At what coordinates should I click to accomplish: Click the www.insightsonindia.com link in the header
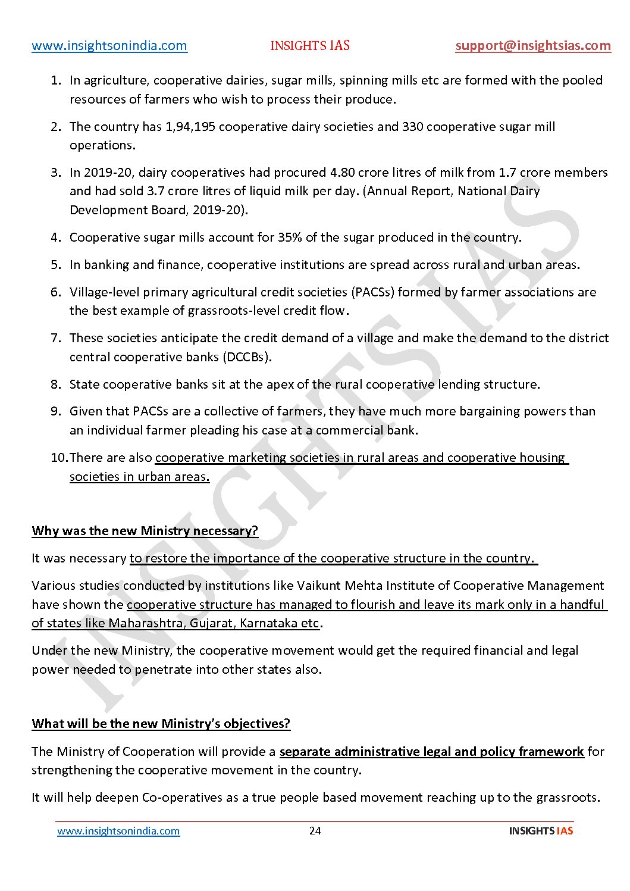(x=109, y=46)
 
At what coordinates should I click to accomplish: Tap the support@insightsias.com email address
(x=533, y=46)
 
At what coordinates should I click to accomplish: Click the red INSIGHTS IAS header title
(x=310, y=46)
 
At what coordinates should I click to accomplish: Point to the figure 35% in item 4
(x=290, y=237)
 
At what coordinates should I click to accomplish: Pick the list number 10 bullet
(x=59, y=458)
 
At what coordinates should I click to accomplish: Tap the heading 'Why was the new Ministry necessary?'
(x=145, y=531)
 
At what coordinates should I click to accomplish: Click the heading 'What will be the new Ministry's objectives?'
(x=161, y=724)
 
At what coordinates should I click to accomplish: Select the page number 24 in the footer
(x=315, y=831)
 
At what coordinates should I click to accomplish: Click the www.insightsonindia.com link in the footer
(x=118, y=831)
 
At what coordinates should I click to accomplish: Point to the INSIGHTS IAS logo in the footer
(x=541, y=831)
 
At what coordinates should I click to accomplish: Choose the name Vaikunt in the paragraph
(x=319, y=586)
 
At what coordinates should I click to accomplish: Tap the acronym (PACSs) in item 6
(x=372, y=292)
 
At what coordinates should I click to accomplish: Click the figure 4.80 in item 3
(x=343, y=173)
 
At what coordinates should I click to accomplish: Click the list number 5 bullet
(x=56, y=265)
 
